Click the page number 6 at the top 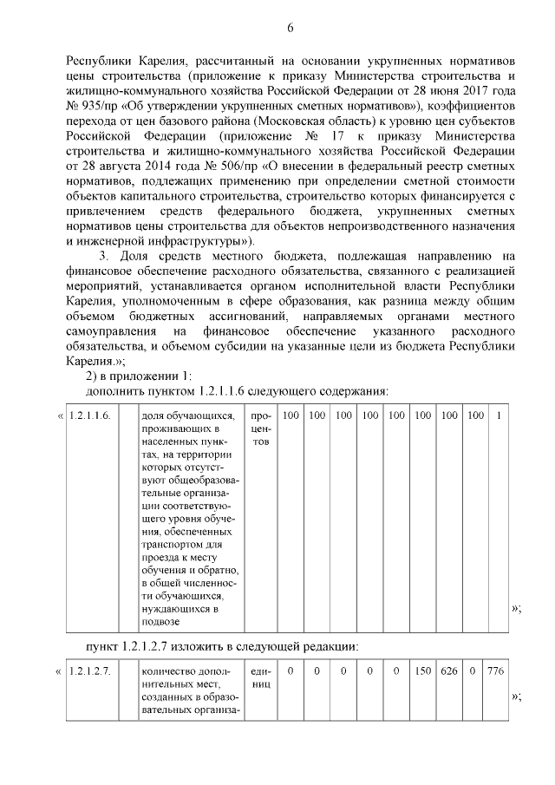pos(291,28)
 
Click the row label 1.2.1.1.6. pos(91,416)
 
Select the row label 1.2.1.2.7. pos(91,671)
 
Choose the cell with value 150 pos(422,671)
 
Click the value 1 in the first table pos(499,416)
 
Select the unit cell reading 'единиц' pos(261,677)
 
